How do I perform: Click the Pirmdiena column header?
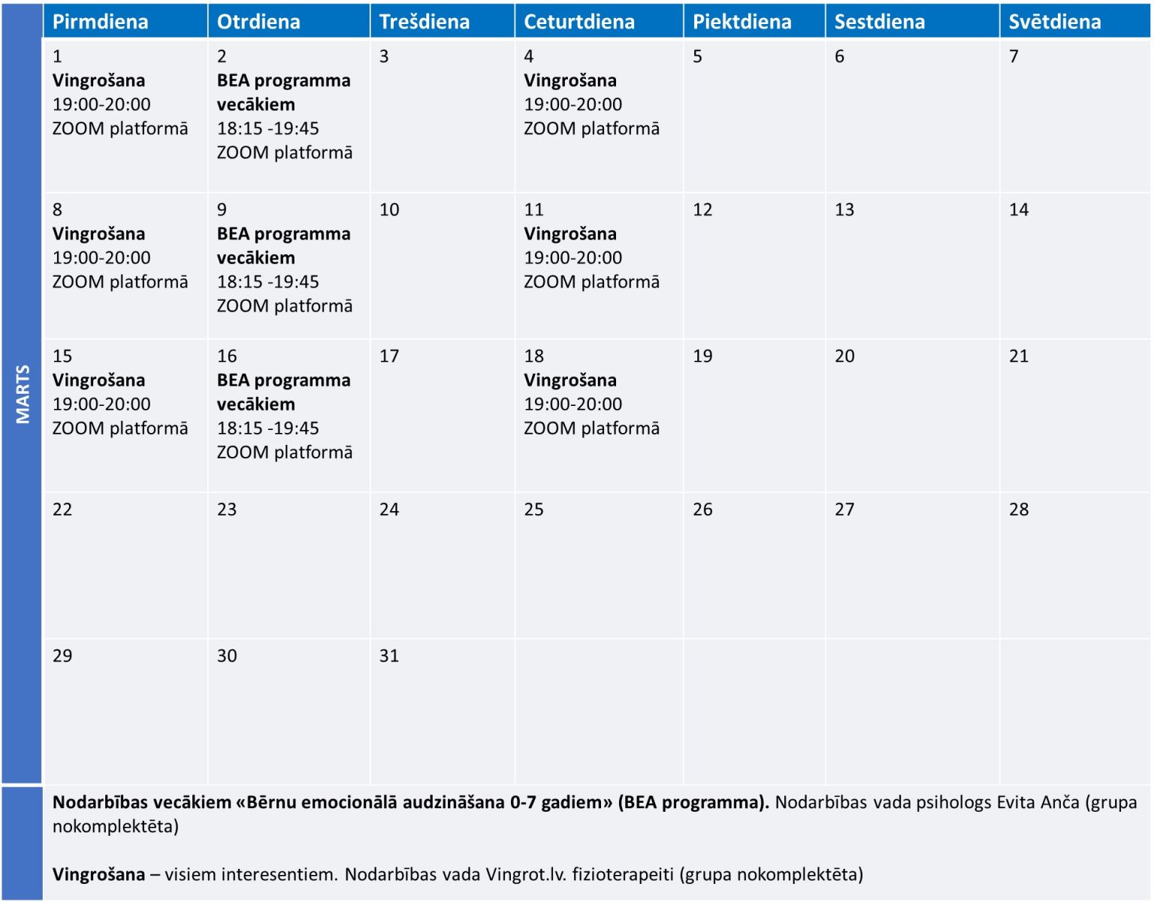[101, 22]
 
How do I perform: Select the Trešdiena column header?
[424, 22]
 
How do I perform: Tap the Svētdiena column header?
[1055, 22]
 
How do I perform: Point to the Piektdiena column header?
[742, 22]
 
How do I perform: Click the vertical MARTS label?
[23, 394]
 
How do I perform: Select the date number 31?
[388, 655]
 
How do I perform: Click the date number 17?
[388, 356]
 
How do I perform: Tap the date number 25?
[533, 509]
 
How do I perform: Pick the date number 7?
[1014, 56]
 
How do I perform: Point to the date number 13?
[844, 209]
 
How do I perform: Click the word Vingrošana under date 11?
[570, 234]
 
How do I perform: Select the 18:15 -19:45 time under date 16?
[267, 428]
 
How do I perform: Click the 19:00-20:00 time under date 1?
[101, 104]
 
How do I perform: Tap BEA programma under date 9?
[283, 234]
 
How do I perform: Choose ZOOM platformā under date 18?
[591, 428]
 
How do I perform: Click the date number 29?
[62, 655]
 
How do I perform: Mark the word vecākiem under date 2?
[256, 104]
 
